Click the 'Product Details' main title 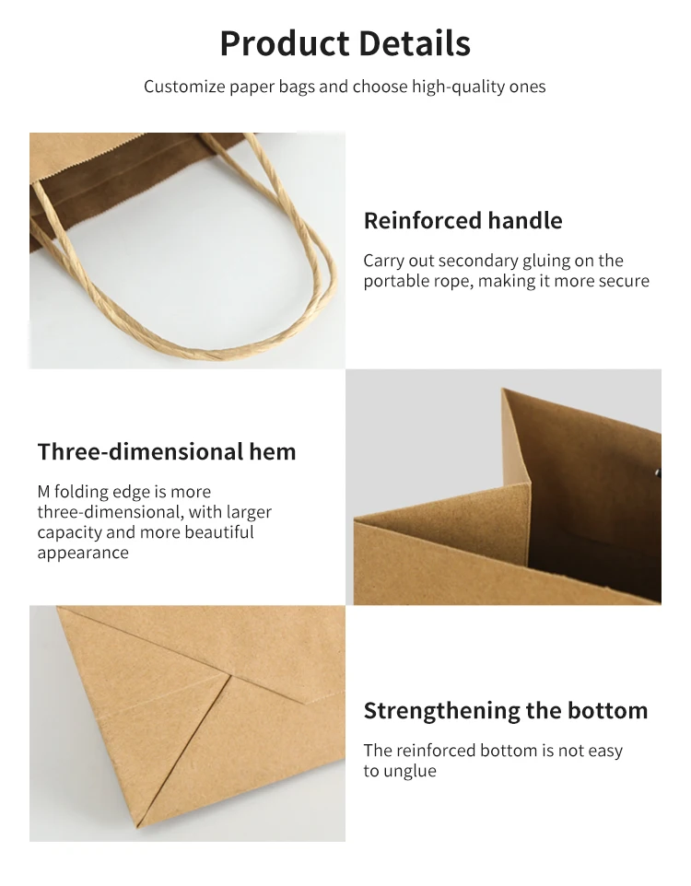point(345,43)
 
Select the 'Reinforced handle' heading point(463,221)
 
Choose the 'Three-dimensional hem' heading point(167,452)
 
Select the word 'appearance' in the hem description point(83,553)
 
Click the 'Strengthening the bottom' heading point(505,711)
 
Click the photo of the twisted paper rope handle point(187,251)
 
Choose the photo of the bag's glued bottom point(187,723)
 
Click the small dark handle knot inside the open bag point(657,474)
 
